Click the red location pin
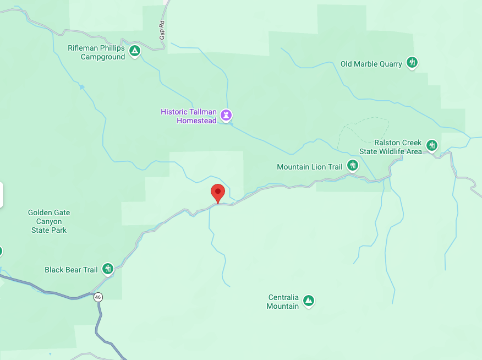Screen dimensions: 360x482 pos(218,193)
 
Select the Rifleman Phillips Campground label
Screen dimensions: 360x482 pos(97,52)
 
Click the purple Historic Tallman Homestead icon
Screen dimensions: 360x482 pos(226,115)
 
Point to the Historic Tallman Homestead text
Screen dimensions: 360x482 pos(189,116)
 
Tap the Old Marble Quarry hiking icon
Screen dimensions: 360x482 pos(412,63)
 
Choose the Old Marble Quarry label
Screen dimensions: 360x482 pos(371,64)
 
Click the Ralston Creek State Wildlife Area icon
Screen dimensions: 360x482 pos(432,145)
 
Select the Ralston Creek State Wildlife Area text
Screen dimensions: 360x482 pos(391,147)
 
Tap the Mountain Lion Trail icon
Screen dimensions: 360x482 pos(353,165)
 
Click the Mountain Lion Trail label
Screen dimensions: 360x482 pos(310,167)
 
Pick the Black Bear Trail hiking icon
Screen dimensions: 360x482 pos(108,269)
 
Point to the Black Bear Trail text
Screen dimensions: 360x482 pos(71,270)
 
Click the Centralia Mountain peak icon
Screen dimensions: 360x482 pos(309,301)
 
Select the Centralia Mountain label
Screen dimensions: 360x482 pos(283,302)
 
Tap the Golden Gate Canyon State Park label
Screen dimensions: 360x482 pos(49,221)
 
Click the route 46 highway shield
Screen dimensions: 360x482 pos(98,297)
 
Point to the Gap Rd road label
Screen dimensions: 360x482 pos(162,26)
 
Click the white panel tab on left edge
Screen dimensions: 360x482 pos(2,195)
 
